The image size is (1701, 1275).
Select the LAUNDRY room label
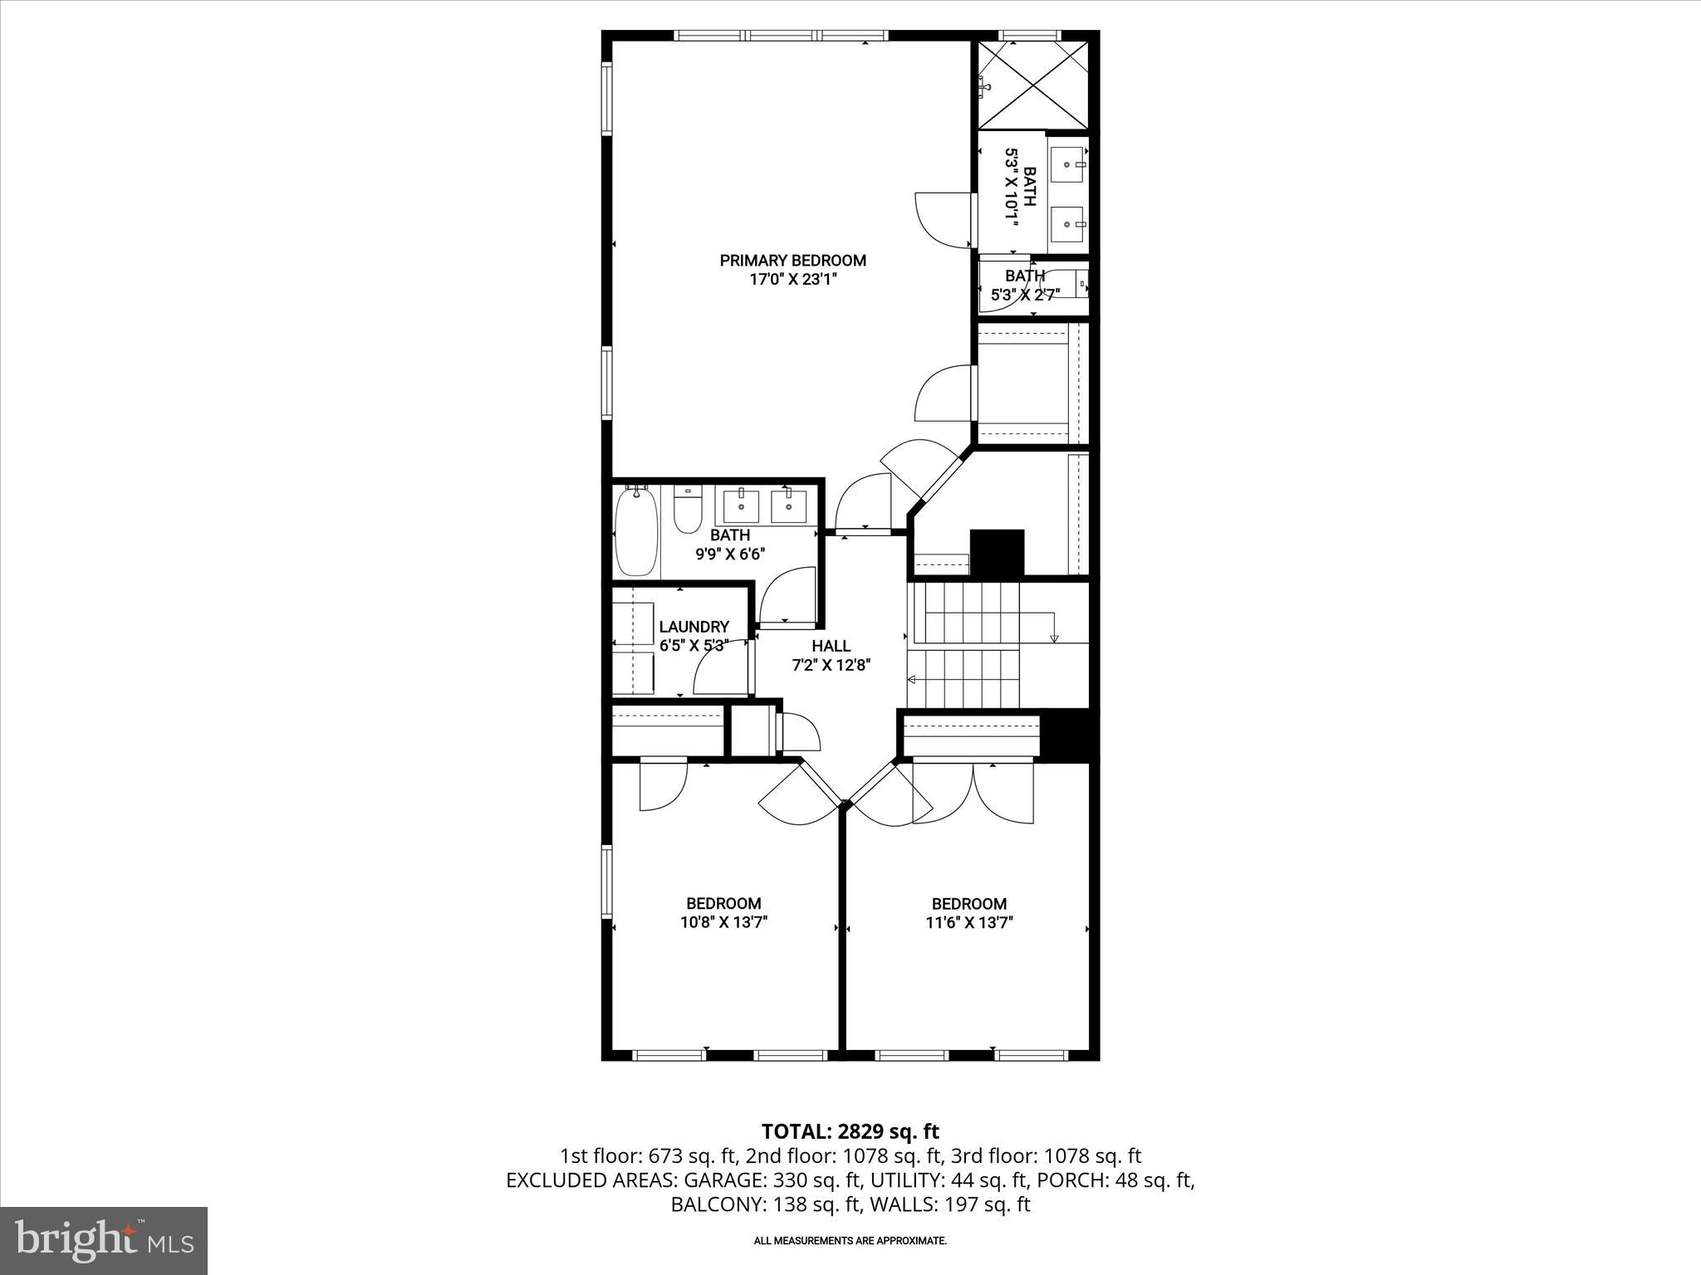[x=694, y=627]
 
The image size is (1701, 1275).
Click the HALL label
[x=831, y=646]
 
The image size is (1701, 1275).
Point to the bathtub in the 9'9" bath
[x=637, y=531]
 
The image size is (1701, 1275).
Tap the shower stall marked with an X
[x=1032, y=81]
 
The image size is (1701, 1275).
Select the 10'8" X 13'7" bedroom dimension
[x=723, y=922]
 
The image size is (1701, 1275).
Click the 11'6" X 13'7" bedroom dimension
[x=968, y=922]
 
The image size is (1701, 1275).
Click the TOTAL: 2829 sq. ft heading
[x=850, y=1131]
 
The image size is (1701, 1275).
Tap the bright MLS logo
[x=104, y=1240]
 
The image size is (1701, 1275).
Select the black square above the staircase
[x=997, y=553]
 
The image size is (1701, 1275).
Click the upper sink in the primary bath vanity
[x=1067, y=164]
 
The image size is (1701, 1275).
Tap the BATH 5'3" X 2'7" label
[x=1025, y=285]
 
